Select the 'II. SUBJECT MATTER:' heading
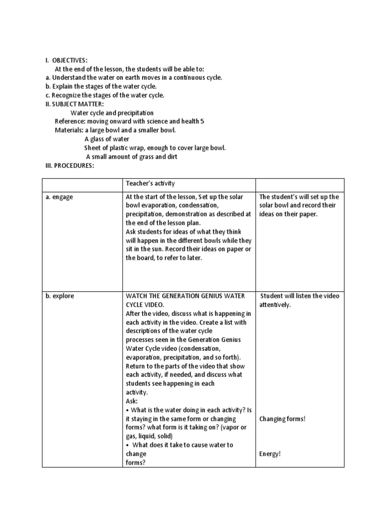[74, 104]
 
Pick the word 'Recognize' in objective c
[68, 95]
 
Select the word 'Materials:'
[69, 130]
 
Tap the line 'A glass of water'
[107, 139]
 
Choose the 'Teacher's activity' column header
[150, 184]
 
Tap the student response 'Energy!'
[270, 454]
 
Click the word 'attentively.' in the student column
[275, 305]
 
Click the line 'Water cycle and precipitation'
[112, 113]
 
